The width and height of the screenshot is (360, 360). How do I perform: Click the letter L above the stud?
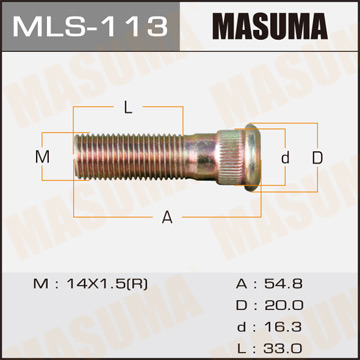[128, 107]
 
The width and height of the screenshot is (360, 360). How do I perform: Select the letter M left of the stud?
[42, 157]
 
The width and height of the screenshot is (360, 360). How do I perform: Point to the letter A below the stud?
[166, 216]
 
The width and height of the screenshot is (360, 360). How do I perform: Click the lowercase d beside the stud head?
[285, 157]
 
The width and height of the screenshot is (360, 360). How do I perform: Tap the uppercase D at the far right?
[317, 157]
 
